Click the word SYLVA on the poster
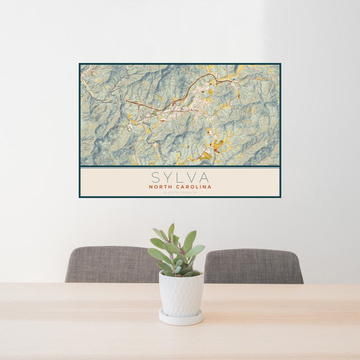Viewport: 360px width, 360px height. tap(180, 177)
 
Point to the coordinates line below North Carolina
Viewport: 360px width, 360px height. tap(180, 193)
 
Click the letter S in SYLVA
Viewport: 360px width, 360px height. tap(155, 177)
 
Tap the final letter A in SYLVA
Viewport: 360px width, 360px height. tap(205, 177)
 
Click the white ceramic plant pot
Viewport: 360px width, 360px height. tap(181, 294)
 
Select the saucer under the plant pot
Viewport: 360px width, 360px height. tap(181, 318)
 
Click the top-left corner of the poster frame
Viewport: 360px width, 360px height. tap(80, 64)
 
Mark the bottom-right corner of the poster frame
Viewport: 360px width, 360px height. tap(280, 197)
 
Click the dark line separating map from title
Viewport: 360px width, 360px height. tap(180, 167)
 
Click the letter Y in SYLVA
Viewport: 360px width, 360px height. tap(168, 177)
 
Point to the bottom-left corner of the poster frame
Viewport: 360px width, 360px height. tap(80, 197)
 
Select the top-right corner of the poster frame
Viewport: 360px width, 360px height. tap(280, 64)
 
